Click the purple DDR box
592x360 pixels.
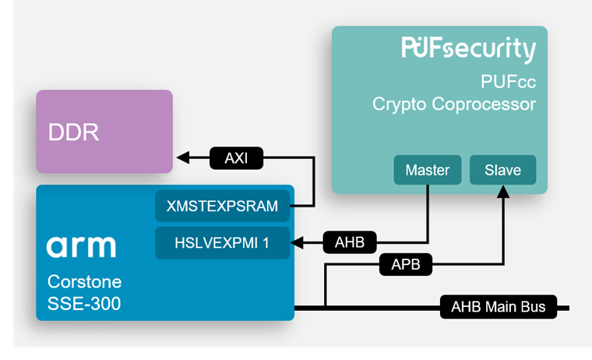click(104, 131)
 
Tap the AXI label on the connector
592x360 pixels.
click(236, 158)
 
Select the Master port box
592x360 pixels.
click(427, 170)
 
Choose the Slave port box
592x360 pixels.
click(502, 170)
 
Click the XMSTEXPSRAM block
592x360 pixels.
click(222, 206)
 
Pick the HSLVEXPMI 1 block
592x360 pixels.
click(222, 243)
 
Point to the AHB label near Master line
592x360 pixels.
click(350, 243)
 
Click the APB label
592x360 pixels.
click(405, 265)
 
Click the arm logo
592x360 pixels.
click(81, 246)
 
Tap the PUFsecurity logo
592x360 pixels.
click(468, 49)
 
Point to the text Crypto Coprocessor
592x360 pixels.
click(454, 104)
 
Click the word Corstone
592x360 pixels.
click(84, 281)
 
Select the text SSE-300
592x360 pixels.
click(84, 303)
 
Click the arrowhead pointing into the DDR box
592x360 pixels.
click(182, 158)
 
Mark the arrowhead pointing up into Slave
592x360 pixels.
click(503, 191)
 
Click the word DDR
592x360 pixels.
click(74, 132)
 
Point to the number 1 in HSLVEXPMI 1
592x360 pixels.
click(266, 243)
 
